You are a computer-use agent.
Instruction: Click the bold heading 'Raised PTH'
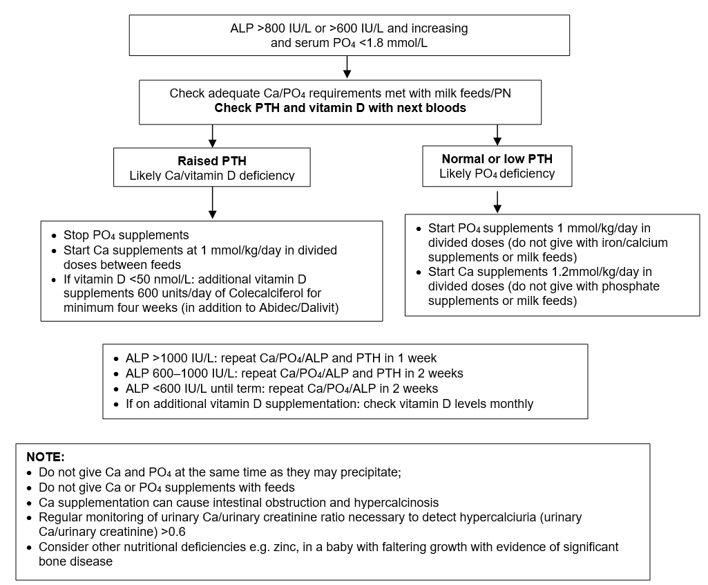[x=212, y=161]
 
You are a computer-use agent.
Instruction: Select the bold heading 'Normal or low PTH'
[x=497, y=158]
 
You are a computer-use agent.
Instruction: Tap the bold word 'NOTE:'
[x=46, y=456]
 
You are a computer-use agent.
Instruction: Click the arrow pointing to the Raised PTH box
[x=212, y=136]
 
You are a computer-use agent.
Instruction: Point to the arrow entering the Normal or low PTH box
[x=497, y=135]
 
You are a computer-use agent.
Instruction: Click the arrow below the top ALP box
[x=347, y=67]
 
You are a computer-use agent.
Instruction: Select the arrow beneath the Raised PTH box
[x=212, y=203]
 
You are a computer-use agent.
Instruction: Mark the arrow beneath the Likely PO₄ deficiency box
[x=497, y=202]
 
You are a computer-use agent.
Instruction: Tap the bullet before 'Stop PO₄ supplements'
[x=54, y=236]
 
